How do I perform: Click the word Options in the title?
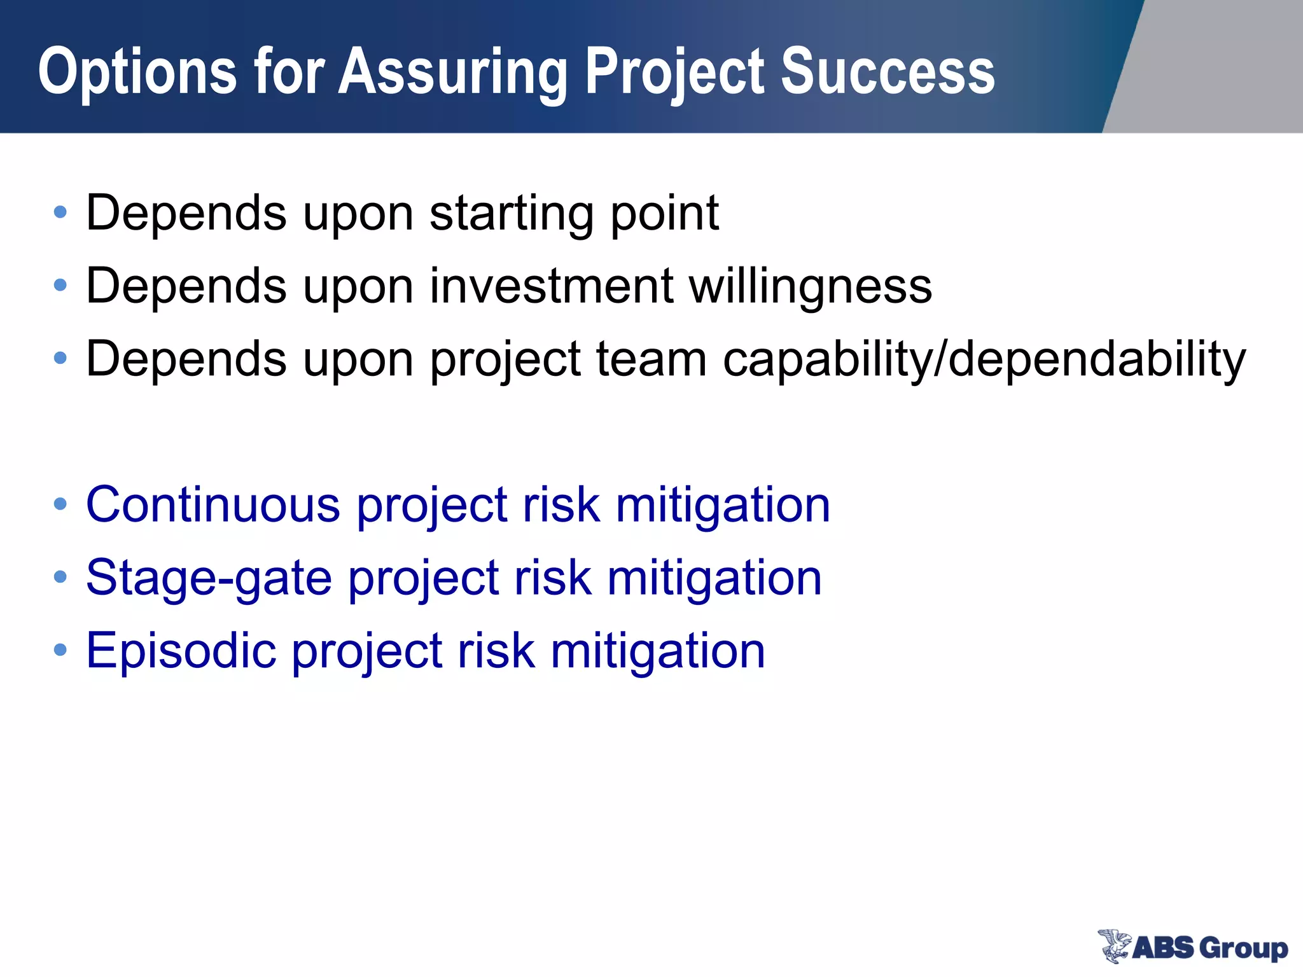pyautogui.click(x=137, y=73)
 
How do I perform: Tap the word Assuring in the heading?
pyautogui.click(x=452, y=73)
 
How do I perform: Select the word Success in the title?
pyautogui.click(x=888, y=72)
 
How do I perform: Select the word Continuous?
pyautogui.click(x=213, y=505)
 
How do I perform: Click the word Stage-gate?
pyautogui.click(x=209, y=579)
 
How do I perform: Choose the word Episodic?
pyautogui.click(x=181, y=651)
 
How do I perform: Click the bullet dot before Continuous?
pyautogui.click(x=60, y=505)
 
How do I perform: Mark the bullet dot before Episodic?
pyautogui.click(x=60, y=651)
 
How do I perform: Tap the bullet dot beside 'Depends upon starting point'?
pyautogui.click(x=60, y=212)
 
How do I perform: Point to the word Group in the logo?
pyautogui.click(x=1244, y=948)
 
